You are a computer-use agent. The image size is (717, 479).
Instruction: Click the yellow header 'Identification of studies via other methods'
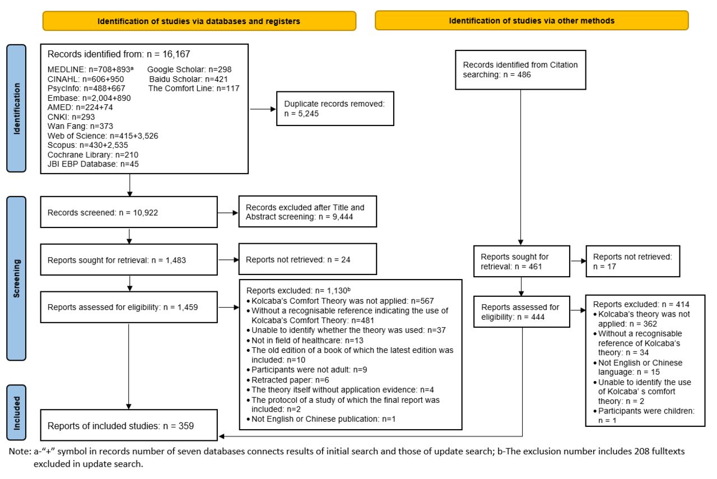532,21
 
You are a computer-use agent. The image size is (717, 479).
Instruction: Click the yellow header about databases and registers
199,21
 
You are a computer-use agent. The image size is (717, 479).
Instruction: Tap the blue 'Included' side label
16,413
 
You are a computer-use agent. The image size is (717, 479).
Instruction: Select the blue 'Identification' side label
16,108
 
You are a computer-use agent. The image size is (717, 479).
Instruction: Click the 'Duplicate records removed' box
335,109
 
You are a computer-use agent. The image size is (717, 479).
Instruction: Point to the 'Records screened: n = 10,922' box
129,212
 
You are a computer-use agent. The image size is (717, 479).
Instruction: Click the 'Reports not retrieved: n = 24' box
308,259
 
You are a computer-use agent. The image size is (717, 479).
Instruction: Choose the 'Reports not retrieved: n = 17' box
633,261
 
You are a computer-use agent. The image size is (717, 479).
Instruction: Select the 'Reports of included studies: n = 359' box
129,425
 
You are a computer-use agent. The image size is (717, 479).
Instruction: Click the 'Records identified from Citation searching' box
520,70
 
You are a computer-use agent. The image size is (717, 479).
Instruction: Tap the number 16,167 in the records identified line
176,54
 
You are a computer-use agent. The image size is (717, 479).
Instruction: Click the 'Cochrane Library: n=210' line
93,155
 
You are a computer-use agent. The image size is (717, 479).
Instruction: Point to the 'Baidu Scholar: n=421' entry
189,79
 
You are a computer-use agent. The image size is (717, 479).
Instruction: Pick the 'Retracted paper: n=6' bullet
288,380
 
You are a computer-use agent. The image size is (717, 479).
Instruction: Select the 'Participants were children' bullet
644,416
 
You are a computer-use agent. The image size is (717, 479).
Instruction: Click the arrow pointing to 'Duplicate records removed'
263,109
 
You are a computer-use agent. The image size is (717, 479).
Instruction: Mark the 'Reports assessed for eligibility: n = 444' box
522,311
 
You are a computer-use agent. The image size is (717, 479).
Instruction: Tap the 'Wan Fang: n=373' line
80,126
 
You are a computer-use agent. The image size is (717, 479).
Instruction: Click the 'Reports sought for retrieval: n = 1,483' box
129,260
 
